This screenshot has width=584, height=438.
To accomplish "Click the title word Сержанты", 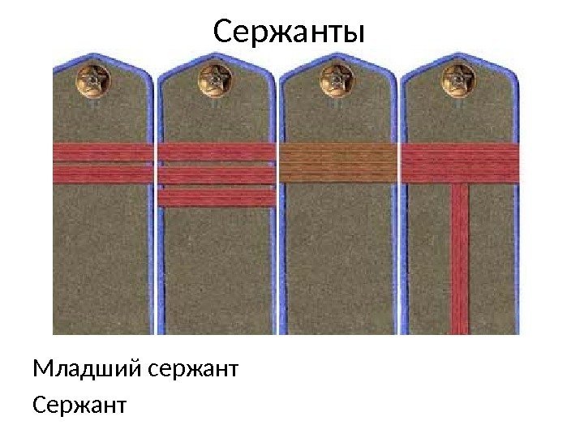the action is click(x=290, y=34).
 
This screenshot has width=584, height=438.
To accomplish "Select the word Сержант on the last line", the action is click(x=79, y=403).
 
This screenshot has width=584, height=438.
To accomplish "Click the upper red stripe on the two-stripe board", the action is click(x=103, y=152).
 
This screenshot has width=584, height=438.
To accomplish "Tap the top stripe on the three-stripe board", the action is click(x=217, y=152).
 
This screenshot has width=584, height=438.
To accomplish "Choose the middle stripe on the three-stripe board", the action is click(x=217, y=174).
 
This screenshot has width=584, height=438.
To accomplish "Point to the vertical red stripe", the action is click(x=460, y=260).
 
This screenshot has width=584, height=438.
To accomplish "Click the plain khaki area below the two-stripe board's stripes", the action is click(x=103, y=260).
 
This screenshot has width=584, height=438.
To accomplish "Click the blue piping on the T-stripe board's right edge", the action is click(x=516, y=243).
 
